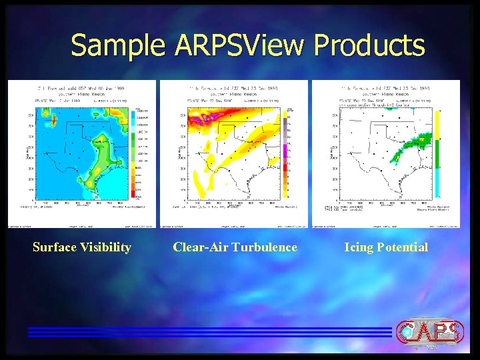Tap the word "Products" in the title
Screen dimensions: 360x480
(x=369, y=46)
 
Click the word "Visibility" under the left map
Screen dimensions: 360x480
(x=107, y=247)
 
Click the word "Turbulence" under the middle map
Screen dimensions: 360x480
(x=264, y=247)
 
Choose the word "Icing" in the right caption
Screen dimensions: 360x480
(x=359, y=247)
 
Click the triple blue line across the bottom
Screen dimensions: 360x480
(x=207, y=332)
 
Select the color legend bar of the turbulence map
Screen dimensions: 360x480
(x=285, y=153)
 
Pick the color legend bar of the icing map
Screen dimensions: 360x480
(x=437, y=153)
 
